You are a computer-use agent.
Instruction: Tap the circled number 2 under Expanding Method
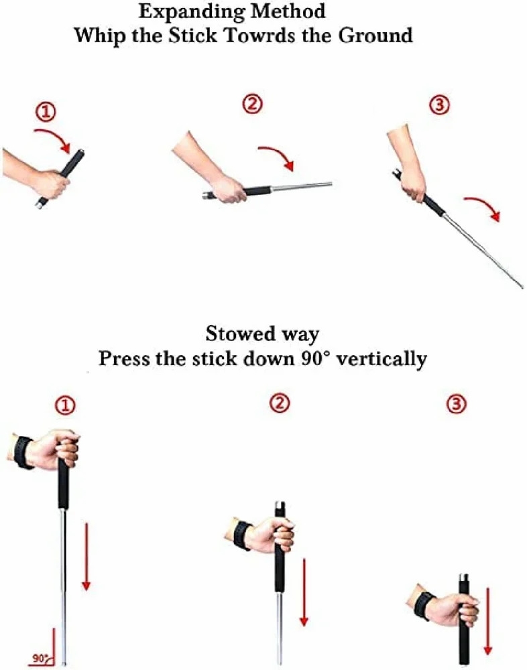[x=253, y=105]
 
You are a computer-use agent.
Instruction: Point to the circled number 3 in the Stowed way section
[x=456, y=405]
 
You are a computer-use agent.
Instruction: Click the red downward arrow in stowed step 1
[x=85, y=556]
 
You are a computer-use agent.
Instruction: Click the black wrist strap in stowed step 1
[x=23, y=452]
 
